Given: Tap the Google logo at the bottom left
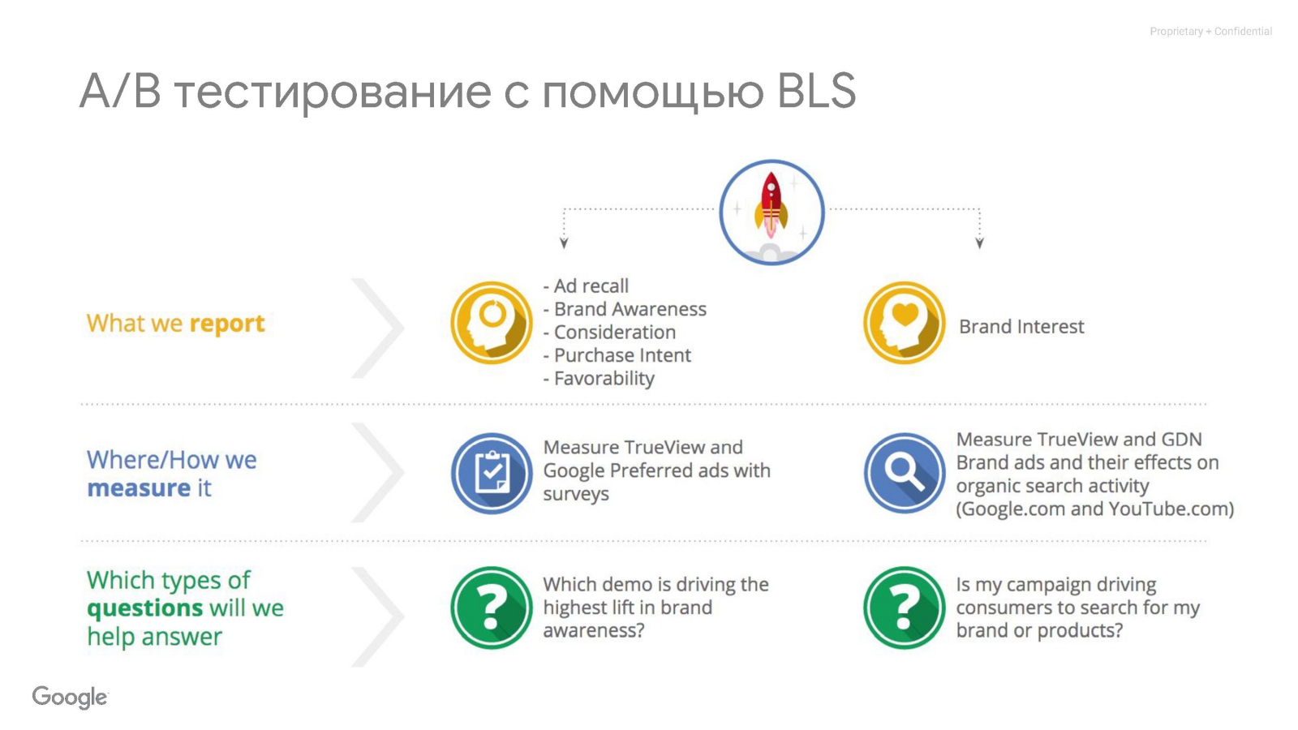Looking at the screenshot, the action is [x=70, y=697].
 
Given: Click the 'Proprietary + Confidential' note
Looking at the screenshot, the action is [x=1210, y=32].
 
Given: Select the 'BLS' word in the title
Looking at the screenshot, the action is [x=816, y=91].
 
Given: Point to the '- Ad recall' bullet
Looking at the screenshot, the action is [x=586, y=286].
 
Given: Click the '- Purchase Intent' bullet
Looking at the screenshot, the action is [x=617, y=355].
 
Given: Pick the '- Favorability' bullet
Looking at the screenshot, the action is [x=600, y=378].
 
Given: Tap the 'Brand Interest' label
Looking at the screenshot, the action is [x=1021, y=326].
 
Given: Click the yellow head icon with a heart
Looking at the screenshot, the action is [x=904, y=323].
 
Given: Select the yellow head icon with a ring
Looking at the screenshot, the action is [x=492, y=323].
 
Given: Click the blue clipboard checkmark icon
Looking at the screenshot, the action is [x=492, y=474].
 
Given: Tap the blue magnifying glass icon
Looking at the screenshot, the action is [x=904, y=474].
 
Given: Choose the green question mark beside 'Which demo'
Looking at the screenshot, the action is [x=492, y=608].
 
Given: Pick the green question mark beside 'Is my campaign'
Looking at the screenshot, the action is [x=904, y=608].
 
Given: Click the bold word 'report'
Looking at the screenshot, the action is [x=227, y=324].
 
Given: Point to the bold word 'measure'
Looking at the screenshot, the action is [x=139, y=487].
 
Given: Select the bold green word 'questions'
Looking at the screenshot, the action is [x=145, y=608].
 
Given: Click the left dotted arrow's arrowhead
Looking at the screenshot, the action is [x=564, y=243].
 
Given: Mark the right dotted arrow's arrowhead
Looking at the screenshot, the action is [x=979, y=243].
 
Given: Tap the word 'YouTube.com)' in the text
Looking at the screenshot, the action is [x=1171, y=509].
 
